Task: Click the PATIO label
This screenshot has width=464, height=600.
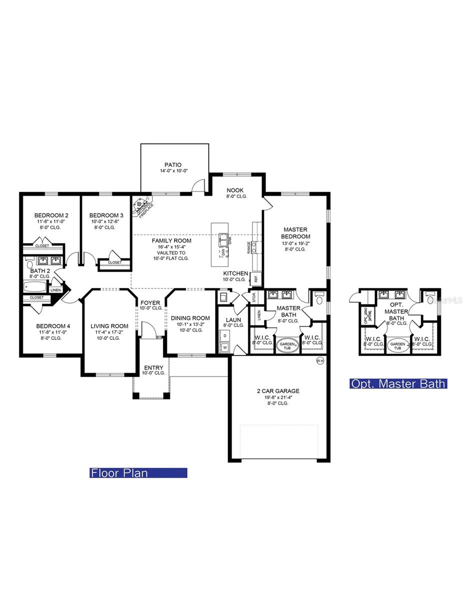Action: (173, 164)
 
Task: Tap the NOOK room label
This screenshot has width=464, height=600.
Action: (235, 190)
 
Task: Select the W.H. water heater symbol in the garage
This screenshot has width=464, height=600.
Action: (320, 360)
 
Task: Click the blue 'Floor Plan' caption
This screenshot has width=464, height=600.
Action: (138, 472)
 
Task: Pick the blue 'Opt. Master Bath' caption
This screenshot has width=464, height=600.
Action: (398, 383)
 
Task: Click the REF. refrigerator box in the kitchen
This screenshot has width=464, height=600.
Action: (254, 278)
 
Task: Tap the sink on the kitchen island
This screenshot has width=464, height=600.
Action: (223, 238)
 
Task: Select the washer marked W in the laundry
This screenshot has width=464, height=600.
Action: (224, 347)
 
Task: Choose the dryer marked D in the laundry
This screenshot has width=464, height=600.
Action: (224, 335)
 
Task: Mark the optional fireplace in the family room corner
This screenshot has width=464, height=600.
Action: (142, 205)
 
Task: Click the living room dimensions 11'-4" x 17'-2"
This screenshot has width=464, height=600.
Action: (110, 332)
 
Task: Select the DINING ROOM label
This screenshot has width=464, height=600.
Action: (190, 317)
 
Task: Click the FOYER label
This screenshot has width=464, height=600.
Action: (150, 302)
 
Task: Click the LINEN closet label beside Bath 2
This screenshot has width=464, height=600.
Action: (56, 290)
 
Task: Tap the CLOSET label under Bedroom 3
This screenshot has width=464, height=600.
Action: (115, 262)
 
